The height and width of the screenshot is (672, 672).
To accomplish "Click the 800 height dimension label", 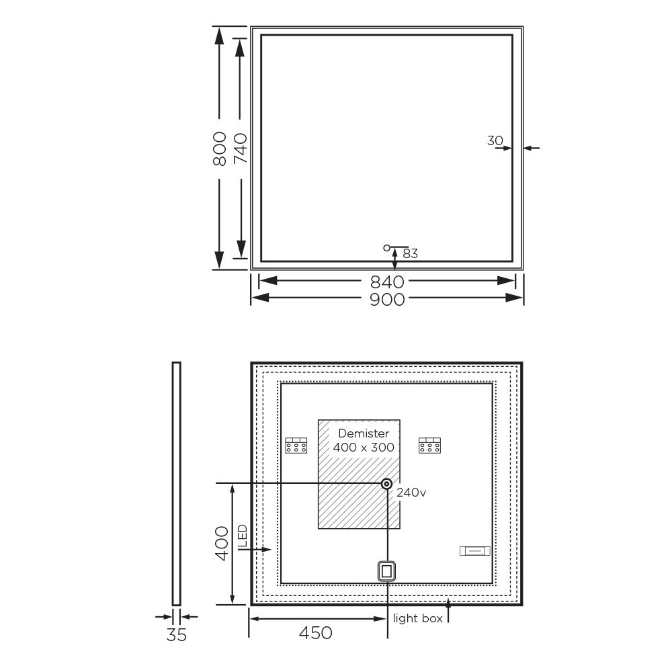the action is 220,149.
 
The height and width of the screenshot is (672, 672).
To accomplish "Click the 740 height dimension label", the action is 241,149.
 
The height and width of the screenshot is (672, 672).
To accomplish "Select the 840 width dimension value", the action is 387,282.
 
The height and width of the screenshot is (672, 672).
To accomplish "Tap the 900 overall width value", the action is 387,300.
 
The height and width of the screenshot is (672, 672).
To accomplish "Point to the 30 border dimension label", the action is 495,140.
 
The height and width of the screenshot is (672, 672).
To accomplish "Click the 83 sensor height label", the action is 410,254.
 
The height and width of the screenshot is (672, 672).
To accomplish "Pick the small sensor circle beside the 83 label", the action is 386,248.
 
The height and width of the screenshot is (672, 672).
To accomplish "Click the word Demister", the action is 364,433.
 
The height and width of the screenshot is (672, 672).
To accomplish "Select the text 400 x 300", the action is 364,447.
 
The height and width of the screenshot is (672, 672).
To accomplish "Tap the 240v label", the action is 411,493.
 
